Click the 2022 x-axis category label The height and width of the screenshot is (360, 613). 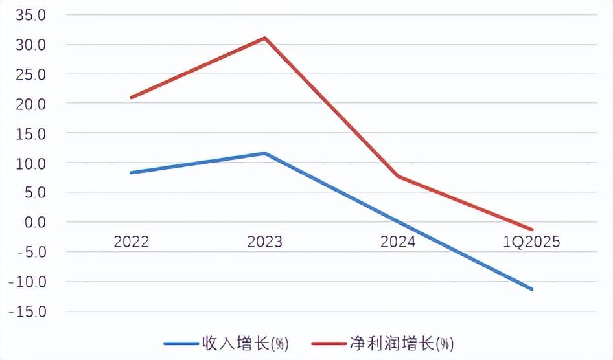132,242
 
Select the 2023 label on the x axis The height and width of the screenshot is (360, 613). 265,242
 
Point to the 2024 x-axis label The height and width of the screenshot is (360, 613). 398,242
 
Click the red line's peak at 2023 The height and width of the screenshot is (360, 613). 265,38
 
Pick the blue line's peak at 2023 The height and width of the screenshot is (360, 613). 265,153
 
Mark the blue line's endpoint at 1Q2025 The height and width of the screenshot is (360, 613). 532,289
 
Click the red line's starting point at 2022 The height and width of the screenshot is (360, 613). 132,98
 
